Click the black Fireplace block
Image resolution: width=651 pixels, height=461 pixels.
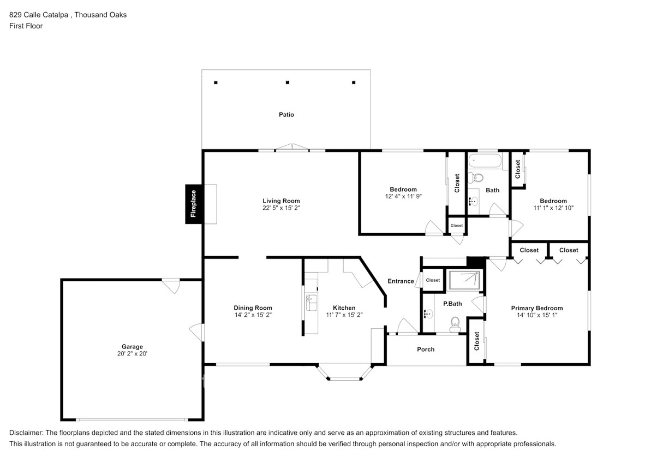(x=193, y=204)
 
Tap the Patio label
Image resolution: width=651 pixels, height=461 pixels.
(x=286, y=115)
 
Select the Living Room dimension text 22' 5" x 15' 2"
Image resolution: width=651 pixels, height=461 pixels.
(x=281, y=208)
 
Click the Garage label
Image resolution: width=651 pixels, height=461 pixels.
(x=132, y=346)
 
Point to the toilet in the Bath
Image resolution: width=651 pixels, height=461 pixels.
(x=478, y=178)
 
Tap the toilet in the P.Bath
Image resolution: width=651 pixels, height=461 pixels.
(x=453, y=326)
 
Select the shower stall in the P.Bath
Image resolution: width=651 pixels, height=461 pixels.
(x=463, y=280)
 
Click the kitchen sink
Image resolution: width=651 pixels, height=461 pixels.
(x=310, y=299)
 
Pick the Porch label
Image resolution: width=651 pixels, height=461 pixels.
(x=426, y=349)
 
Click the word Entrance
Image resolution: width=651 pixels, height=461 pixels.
(x=401, y=281)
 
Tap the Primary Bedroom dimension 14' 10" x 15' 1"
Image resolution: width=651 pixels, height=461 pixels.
(x=536, y=315)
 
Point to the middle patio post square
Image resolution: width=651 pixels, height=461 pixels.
(x=288, y=82)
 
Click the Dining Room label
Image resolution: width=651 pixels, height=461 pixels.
(x=253, y=308)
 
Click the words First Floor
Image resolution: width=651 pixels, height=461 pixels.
(x=26, y=26)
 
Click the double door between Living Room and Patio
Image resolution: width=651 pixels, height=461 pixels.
(x=292, y=147)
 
